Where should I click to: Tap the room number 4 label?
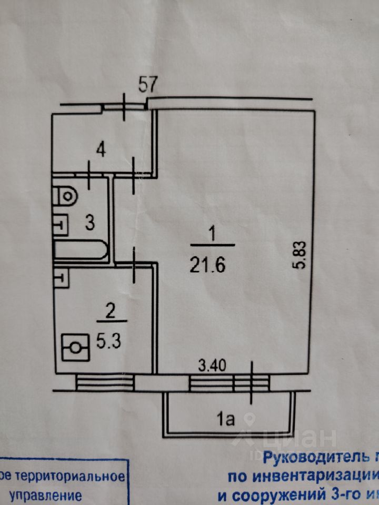(x=101, y=149)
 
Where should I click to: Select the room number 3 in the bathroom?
(x=90, y=223)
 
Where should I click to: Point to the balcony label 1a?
(x=226, y=419)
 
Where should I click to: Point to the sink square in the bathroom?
(x=60, y=223)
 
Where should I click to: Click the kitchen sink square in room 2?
(x=60, y=277)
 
